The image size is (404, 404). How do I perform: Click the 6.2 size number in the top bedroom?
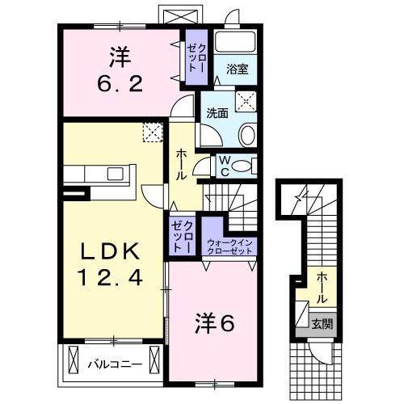pyautogui.click(x=120, y=82)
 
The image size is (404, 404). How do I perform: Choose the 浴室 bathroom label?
pyautogui.click(x=237, y=69)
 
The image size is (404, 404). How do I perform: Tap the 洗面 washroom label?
pyautogui.click(x=215, y=113)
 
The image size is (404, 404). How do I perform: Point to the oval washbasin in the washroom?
pyautogui.click(x=248, y=135)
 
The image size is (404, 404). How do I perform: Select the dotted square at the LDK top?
pyautogui.click(x=153, y=132)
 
